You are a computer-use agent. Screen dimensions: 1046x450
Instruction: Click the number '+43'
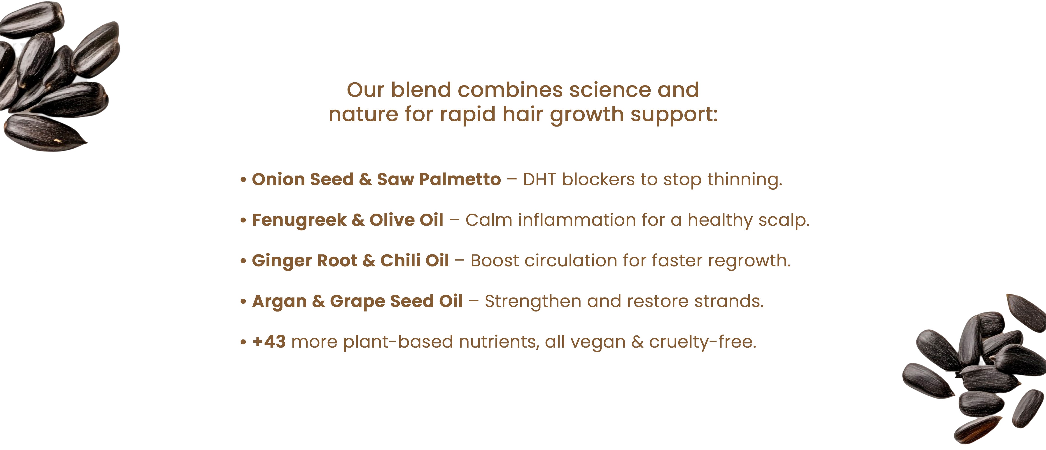coord(269,342)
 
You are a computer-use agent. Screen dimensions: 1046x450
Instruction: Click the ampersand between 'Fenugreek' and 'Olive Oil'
coord(358,220)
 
